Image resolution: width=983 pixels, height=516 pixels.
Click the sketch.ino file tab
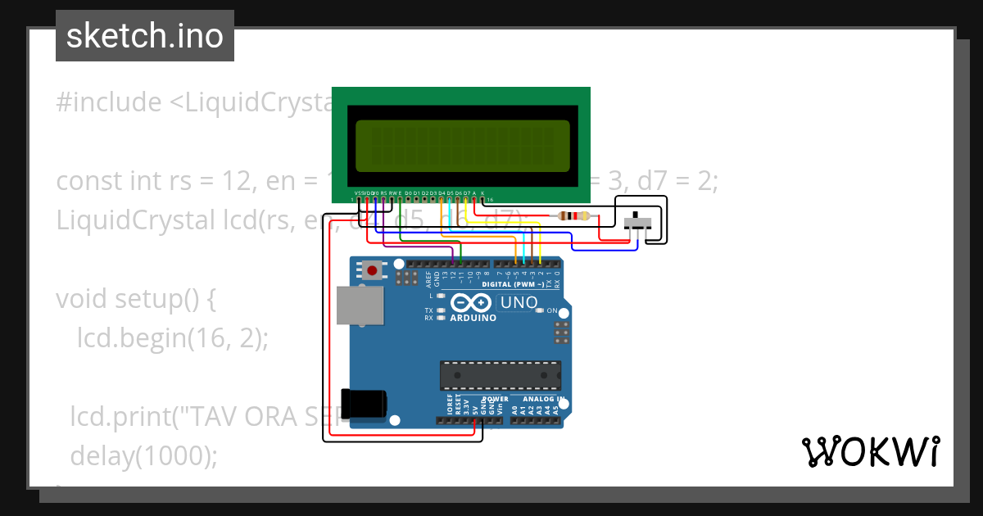click(145, 36)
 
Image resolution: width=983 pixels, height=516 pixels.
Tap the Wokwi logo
click(870, 451)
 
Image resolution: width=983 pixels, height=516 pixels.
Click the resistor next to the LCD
click(573, 216)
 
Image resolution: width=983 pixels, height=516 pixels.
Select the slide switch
click(637, 222)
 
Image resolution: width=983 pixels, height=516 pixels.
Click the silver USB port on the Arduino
click(360, 306)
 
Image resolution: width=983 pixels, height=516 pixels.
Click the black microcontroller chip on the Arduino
click(500, 374)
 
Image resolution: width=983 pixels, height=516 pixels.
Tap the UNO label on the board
click(519, 303)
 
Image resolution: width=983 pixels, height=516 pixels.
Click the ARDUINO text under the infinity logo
click(473, 318)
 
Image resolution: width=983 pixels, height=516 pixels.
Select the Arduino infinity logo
click(473, 302)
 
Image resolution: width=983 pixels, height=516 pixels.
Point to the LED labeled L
click(442, 296)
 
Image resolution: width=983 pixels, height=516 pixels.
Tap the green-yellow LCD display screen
click(462, 144)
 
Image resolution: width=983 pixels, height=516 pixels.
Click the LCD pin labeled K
click(482, 199)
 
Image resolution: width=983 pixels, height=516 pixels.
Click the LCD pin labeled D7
click(466, 199)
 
